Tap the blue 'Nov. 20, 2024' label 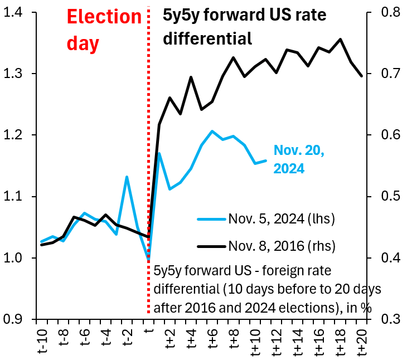coord(299,159)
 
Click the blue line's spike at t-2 coord(127,177)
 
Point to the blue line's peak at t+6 coord(212,131)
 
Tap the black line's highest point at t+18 coord(341,39)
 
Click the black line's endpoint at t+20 coord(362,76)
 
